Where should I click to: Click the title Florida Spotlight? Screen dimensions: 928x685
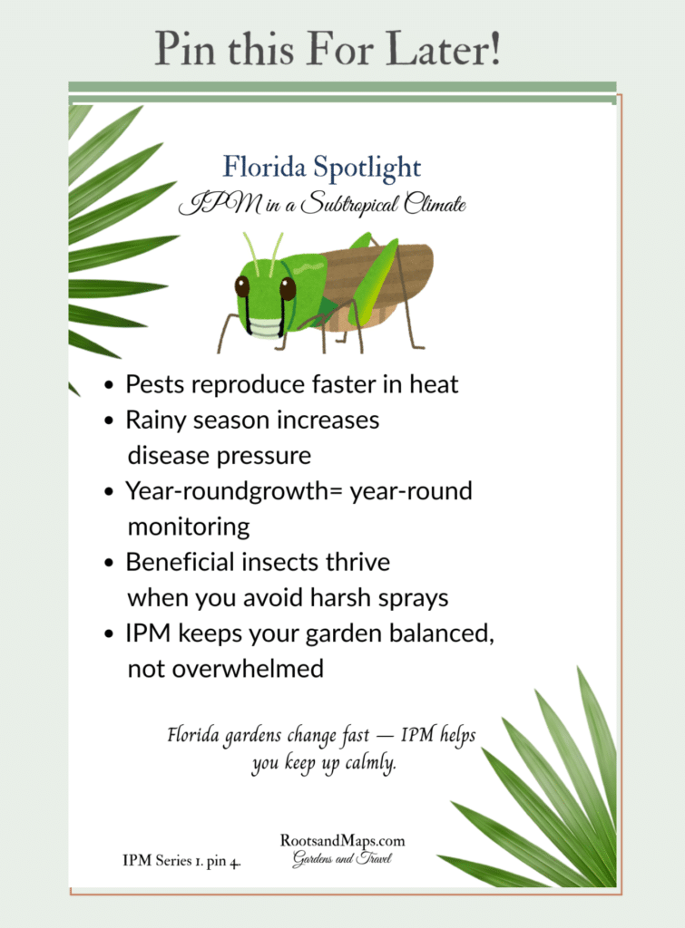click(322, 168)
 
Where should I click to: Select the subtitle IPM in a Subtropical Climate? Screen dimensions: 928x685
click(322, 205)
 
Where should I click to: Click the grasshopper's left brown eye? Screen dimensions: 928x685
click(242, 286)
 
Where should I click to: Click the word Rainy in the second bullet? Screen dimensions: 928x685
click(156, 420)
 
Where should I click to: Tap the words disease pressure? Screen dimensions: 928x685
click(219, 455)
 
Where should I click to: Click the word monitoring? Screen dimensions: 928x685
click(188, 527)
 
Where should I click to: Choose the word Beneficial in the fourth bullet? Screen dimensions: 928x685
click(180, 562)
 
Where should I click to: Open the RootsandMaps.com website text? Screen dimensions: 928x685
click(342, 841)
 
